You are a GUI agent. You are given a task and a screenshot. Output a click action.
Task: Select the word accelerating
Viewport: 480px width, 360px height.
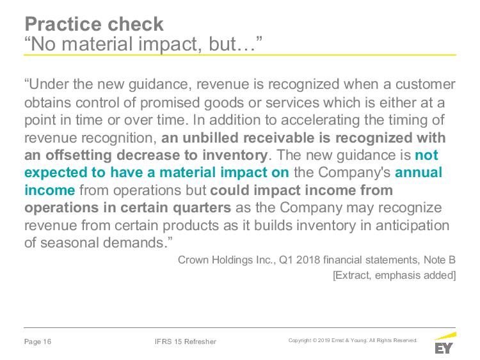(320, 120)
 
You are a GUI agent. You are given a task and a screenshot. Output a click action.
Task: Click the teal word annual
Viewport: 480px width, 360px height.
(419, 173)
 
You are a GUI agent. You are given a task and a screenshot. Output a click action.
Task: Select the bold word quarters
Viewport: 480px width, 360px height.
(202, 208)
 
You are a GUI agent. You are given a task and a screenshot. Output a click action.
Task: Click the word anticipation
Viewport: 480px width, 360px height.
(412, 226)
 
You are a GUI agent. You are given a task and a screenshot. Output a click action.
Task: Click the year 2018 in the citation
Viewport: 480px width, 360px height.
(308, 260)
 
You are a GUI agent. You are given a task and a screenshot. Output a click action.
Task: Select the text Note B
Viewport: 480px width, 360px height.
(440, 260)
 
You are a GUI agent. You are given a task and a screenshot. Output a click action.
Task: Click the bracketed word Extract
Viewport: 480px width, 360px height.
(353, 276)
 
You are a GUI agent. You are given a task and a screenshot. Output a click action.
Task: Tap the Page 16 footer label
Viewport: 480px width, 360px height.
(38, 341)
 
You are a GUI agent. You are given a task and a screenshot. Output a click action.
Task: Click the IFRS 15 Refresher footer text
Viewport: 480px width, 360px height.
(186, 341)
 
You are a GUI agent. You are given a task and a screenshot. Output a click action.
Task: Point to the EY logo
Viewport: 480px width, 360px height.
(445, 343)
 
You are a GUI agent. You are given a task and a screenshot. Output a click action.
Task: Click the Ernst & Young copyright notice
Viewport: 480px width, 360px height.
(353, 340)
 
